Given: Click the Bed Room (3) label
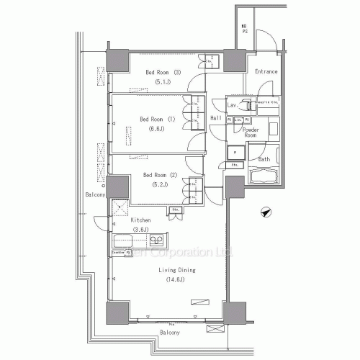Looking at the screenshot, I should coord(163,72).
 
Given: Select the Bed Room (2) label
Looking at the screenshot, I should coord(160,175).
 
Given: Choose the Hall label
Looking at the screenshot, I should coord(215,118).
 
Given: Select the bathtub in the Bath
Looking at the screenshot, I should coord(264,176).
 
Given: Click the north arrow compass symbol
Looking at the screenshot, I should coord(266,212).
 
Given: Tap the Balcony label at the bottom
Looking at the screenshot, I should coord(170,334).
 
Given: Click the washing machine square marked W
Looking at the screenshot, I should coord(234,152).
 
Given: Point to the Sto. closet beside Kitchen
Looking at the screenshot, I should coord(176,210).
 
